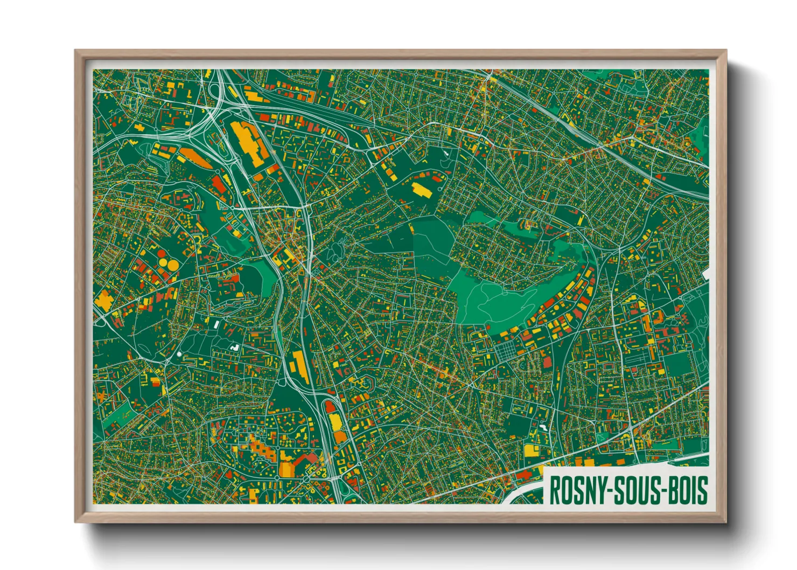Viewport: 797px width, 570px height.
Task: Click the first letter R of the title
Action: [x=555, y=490]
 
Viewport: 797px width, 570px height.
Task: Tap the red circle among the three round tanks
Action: [x=162, y=254]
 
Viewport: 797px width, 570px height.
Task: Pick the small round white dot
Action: [x=179, y=354]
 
